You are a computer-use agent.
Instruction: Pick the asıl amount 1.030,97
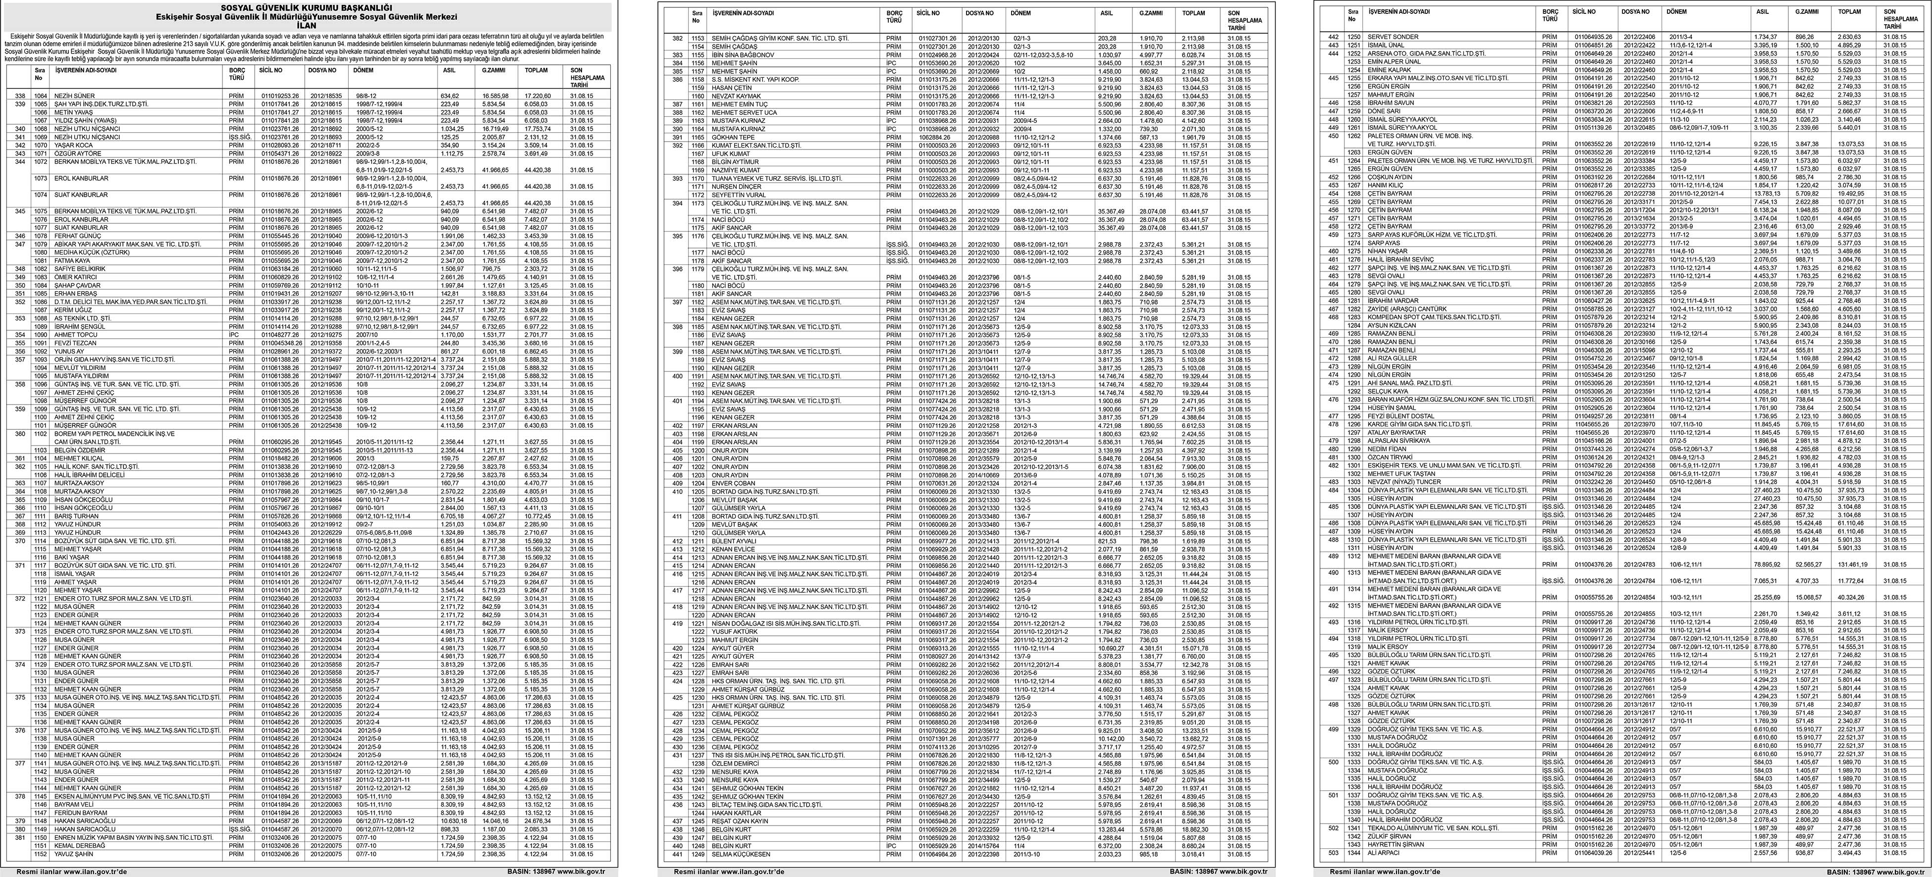pyautogui.click(x=1109, y=54)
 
